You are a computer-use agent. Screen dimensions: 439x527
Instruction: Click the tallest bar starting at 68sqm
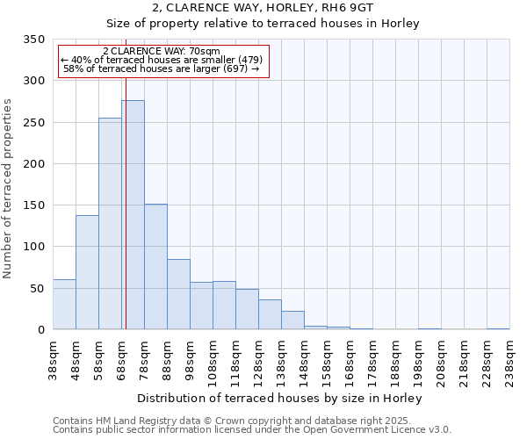coord(133,215)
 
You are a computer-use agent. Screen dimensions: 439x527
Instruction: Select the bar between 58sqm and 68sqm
coord(110,224)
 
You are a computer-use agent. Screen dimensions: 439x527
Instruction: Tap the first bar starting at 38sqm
coord(64,305)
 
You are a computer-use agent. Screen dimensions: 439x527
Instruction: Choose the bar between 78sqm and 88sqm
coord(155,267)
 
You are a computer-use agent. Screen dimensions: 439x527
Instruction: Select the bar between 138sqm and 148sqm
coord(292,320)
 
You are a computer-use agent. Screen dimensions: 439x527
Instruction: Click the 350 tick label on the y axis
coord(32,40)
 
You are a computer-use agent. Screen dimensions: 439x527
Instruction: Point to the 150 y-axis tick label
coord(32,205)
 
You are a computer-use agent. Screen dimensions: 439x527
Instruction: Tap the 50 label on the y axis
coord(36,288)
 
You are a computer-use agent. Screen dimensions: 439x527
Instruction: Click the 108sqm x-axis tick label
coord(213,360)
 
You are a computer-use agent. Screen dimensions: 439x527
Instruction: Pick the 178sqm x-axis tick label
coord(372,360)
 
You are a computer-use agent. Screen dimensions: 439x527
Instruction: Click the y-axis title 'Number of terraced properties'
coord(8,188)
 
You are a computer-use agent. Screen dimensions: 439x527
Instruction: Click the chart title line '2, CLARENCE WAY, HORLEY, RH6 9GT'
coord(263,8)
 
